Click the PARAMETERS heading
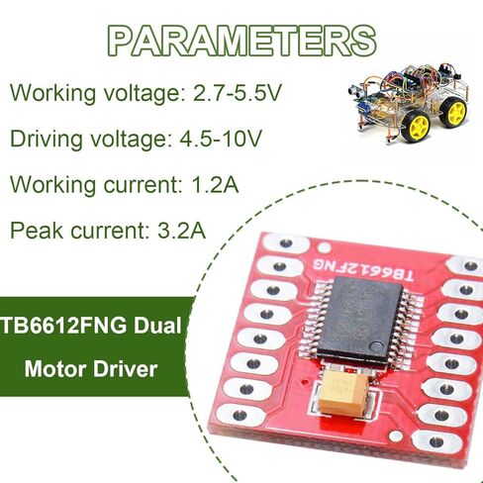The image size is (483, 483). click(241, 41)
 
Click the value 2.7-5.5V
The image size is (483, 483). click(238, 93)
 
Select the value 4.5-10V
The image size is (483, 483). click(221, 139)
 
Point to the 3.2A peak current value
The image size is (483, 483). click(182, 231)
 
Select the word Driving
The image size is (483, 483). click(47, 140)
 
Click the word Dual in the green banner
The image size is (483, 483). click(157, 326)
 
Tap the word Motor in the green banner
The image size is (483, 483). click(55, 369)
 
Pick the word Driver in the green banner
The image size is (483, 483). click(125, 369)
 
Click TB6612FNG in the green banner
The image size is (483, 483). click(64, 326)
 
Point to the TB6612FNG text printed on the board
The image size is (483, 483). click(363, 269)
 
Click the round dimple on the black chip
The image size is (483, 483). click(376, 346)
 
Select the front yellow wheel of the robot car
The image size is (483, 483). click(416, 126)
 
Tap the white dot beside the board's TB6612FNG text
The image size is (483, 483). click(325, 247)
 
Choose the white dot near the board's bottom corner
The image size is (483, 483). click(395, 436)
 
